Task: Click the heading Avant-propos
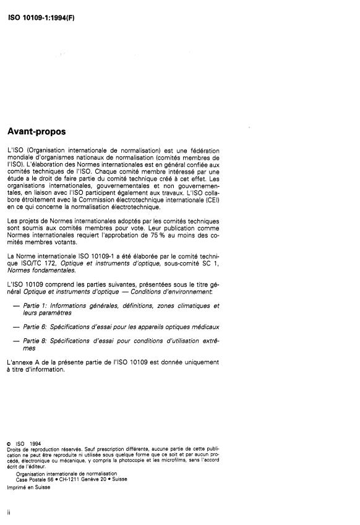pos(36,132)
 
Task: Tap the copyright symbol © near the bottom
pos(9,443)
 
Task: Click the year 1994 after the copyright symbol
pos(35,443)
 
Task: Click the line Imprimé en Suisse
pos(29,487)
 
